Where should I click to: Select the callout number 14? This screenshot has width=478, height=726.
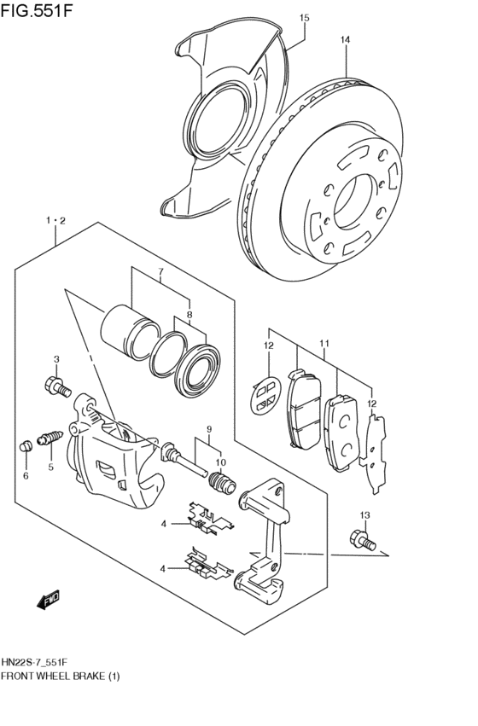tap(345, 39)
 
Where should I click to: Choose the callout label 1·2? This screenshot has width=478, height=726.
tap(56, 220)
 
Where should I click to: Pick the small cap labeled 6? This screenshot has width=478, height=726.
tap(26, 445)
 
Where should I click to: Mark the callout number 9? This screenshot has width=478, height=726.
tap(207, 428)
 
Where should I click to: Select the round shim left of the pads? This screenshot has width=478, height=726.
tap(265, 395)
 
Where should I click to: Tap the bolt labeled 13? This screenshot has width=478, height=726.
tap(359, 539)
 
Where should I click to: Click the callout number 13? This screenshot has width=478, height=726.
tap(364, 514)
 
